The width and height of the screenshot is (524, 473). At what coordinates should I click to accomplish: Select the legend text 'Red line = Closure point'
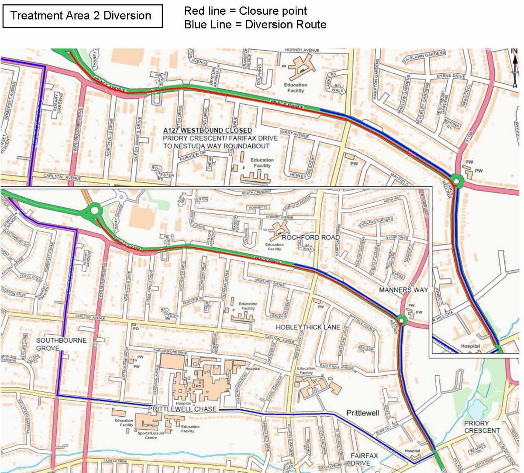[x=245, y=11]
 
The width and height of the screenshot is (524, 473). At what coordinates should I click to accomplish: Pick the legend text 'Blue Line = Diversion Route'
[x=255, y=24]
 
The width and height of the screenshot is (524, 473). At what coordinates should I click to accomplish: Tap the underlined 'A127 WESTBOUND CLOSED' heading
[x=207, y=130]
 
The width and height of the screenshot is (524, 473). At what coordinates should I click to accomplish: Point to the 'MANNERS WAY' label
[x=403, y=290]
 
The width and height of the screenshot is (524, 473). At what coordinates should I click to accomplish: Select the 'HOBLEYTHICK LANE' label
[x=308, y=327]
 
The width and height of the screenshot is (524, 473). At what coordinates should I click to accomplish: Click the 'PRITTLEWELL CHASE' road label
[x=183, y=409]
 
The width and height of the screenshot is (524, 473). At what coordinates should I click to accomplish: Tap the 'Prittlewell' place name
[x=363, y=413]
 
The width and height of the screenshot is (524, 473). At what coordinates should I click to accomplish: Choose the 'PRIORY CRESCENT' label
[x=482, y=427]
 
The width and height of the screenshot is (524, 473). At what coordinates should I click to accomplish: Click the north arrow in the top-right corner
[x=515, y=65]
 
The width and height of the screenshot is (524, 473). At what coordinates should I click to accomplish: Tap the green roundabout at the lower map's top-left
[x=95, y=212]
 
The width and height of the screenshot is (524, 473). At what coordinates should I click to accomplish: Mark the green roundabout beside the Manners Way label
[x=402, y=321]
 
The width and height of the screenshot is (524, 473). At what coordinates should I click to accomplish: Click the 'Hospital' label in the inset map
[x=470, y=346]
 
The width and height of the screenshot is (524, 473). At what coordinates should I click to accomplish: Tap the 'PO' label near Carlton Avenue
[x=136, y=329]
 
